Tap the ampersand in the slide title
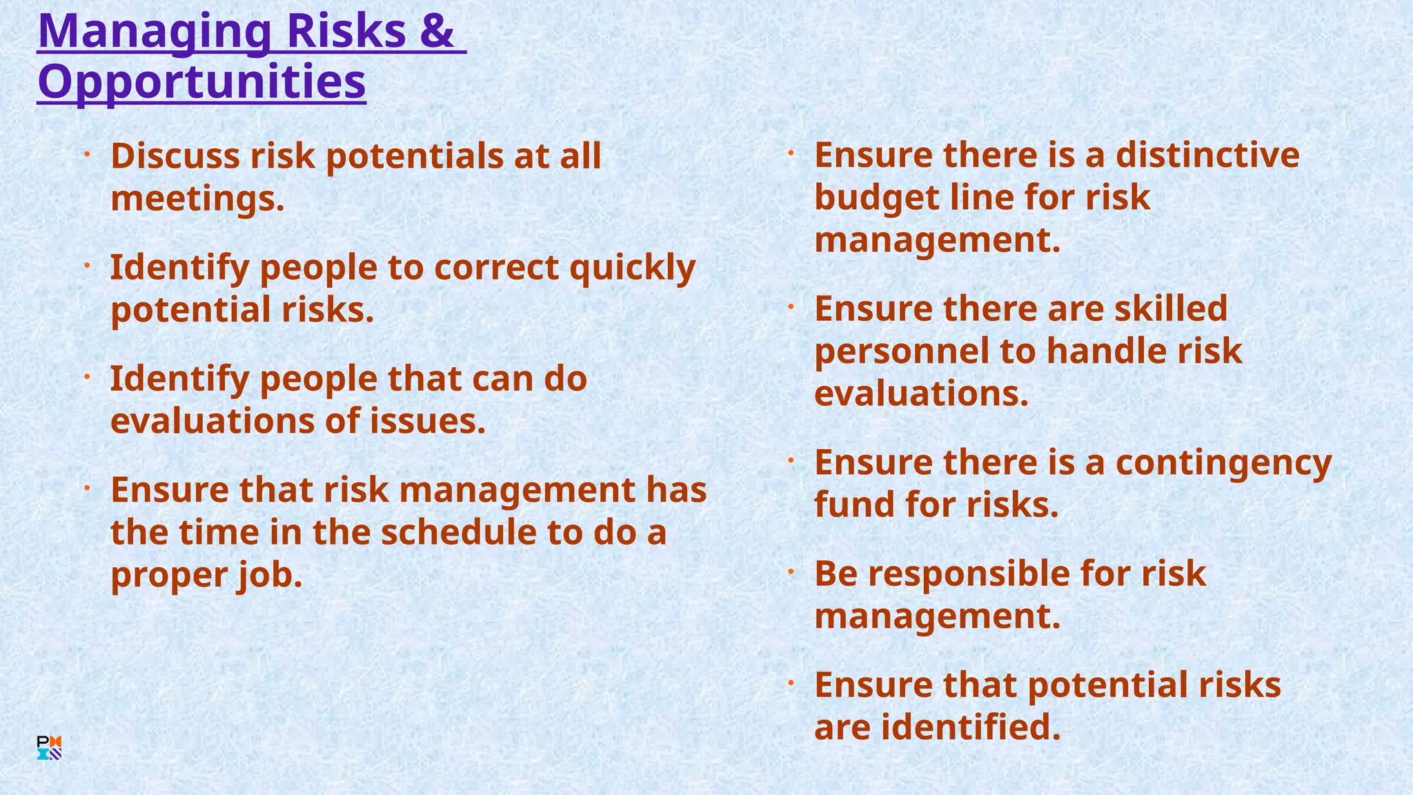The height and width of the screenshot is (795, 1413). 436,31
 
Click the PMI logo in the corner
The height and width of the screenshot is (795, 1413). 49,748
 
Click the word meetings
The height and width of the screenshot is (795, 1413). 197,199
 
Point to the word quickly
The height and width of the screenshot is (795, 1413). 632,268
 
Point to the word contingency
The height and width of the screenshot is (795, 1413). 1223,463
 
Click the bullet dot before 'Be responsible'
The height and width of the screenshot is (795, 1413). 791,572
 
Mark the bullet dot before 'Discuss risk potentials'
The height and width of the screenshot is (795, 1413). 88,155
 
